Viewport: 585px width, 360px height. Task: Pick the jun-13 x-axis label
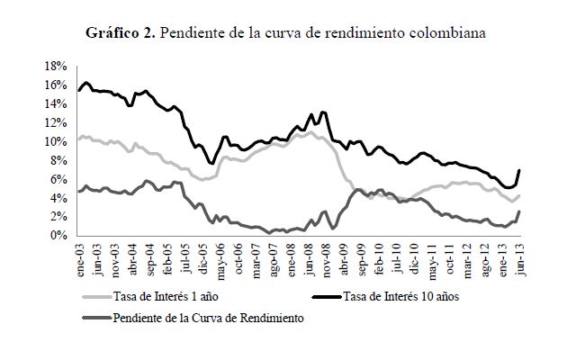pos(519,257)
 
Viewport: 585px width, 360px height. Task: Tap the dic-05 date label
pos(204,257)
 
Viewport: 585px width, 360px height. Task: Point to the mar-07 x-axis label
pos(256,257)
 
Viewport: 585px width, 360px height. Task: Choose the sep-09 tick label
pos(361,257)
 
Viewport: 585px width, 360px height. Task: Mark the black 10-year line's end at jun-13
pos(519,170)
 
